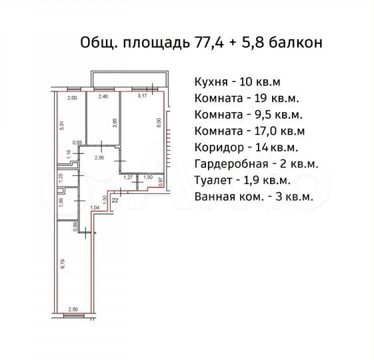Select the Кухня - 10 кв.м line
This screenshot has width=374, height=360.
(237, 83)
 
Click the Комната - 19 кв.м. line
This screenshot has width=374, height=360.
(244, 99)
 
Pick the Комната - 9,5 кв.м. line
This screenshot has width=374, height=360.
(249, 115)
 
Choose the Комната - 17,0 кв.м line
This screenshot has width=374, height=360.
(249, 131)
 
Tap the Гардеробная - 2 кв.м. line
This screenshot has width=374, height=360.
(256, 164)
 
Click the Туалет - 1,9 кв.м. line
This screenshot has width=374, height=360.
(243, 180)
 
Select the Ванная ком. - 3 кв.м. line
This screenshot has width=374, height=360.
(254, 197)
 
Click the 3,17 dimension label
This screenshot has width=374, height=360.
(141, 97)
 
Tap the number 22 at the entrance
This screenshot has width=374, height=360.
(115, 199)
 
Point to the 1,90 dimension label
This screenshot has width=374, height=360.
(148, 177)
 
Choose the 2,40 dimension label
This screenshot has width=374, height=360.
(103, 97)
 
